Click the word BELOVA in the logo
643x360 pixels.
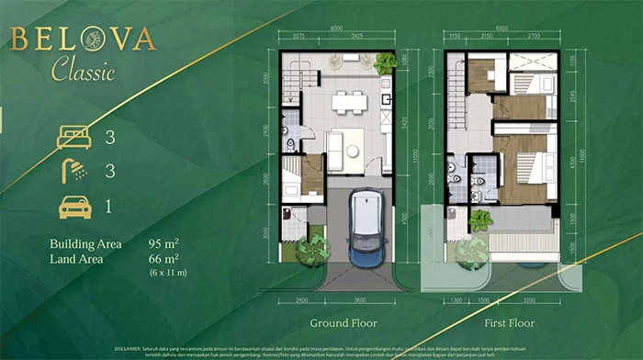click(x=84, y=39)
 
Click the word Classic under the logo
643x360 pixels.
click(x=84, y=69)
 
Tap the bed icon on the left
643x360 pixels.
click(x=75, y=138)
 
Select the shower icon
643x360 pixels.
click(x=75, y=172)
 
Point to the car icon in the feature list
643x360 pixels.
click(x=75, y=207)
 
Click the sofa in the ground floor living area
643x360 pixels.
click(x=335, y=146)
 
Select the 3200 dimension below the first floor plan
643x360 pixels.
click(x=531, y=299)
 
